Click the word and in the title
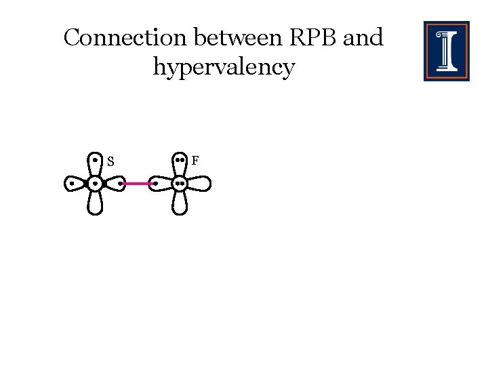(x=363, y=38)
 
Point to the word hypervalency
(x=224, y=68)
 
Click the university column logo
(x=446, y=51)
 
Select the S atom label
(x=110, y=162)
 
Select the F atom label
(x=195, y=161)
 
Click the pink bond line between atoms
(x=139, y=183)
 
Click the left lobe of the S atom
(x=75, y=183)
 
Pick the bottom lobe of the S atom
(x=96, y=203)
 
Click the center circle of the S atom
(x=96, y=183)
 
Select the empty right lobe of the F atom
(x=199, y=183)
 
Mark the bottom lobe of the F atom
(x=180, y=203)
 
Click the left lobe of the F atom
(x=160, y=183)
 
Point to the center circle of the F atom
(x=180, y=183)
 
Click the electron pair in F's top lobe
(x=180, y=161)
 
